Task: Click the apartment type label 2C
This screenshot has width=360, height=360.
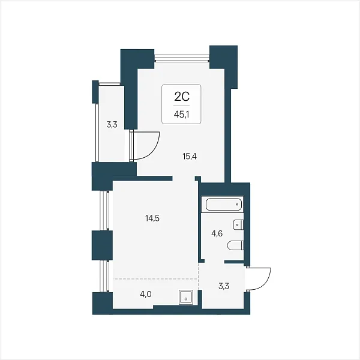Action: tap(182, 97)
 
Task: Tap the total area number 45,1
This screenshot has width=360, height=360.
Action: tap(182, 115)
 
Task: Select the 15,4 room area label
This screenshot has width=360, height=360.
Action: tap(190, 157)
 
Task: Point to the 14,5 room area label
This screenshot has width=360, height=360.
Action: tap(152, 218)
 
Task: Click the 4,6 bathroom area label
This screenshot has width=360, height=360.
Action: tap(217, 234)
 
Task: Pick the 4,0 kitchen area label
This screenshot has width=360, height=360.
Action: tap(146, 294)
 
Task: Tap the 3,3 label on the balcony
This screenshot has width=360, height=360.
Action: tap(112, 125)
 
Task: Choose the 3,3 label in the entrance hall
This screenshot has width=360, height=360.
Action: tap(224, 286)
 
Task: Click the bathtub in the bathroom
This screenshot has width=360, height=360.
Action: tap(224, 205)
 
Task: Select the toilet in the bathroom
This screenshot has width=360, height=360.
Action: tap(235, 245)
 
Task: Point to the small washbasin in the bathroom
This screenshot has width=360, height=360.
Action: tap(238, 224)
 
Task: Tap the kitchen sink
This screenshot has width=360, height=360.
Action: tap(186, 297)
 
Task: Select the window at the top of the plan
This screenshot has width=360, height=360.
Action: tap(182, 58)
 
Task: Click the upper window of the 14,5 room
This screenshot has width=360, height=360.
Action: tap(105, 211)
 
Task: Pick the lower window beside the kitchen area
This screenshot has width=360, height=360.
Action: tap(105, 276)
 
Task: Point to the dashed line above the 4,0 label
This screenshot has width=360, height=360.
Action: tap(155, 279)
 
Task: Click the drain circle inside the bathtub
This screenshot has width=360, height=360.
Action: tap(238, 204)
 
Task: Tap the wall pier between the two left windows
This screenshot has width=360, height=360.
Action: tap(102, 245)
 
